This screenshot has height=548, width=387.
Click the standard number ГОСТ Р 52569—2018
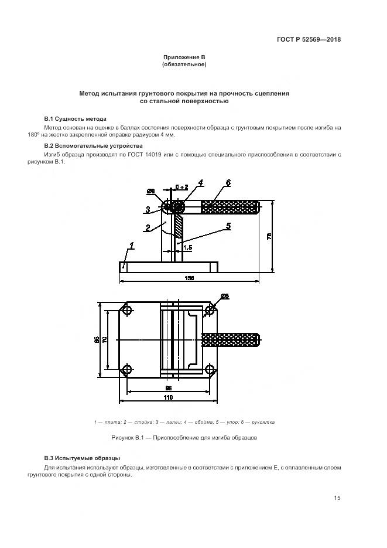click(309, 40)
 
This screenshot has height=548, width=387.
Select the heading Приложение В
click(184, 57)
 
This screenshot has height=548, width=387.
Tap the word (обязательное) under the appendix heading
click(184, 64)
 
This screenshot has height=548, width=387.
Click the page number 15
click(337, 498)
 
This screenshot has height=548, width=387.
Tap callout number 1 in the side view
click(132, 247)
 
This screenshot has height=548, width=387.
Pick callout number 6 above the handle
click(228, 183)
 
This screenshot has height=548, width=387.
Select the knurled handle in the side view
click(230, 207)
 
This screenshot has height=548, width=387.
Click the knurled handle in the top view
click(230, 339)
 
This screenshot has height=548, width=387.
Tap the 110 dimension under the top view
click(168, 398)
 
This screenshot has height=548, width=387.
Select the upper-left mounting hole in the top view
click(127, 310)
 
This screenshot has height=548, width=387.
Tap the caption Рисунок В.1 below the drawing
click(184, 438)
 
